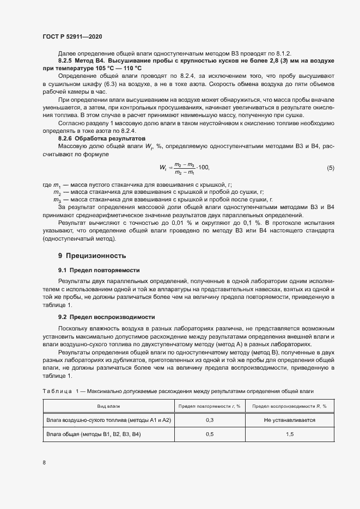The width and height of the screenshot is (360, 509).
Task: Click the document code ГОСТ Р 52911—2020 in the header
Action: (x=72, y=36)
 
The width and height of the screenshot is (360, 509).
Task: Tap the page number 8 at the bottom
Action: (x=44, y=463)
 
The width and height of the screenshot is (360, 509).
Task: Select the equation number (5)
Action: (x=330, y=168)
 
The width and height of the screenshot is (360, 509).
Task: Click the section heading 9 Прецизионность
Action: (x=92, y=255)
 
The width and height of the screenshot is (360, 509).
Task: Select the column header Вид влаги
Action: (x=108, y=406)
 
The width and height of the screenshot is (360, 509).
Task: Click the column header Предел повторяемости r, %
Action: (x=209, y=406)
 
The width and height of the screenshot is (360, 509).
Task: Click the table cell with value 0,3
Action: (x=209, y=420)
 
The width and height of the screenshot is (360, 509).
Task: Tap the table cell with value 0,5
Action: (x=209, y=434)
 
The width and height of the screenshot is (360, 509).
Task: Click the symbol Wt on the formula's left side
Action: (x=163, y=168)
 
